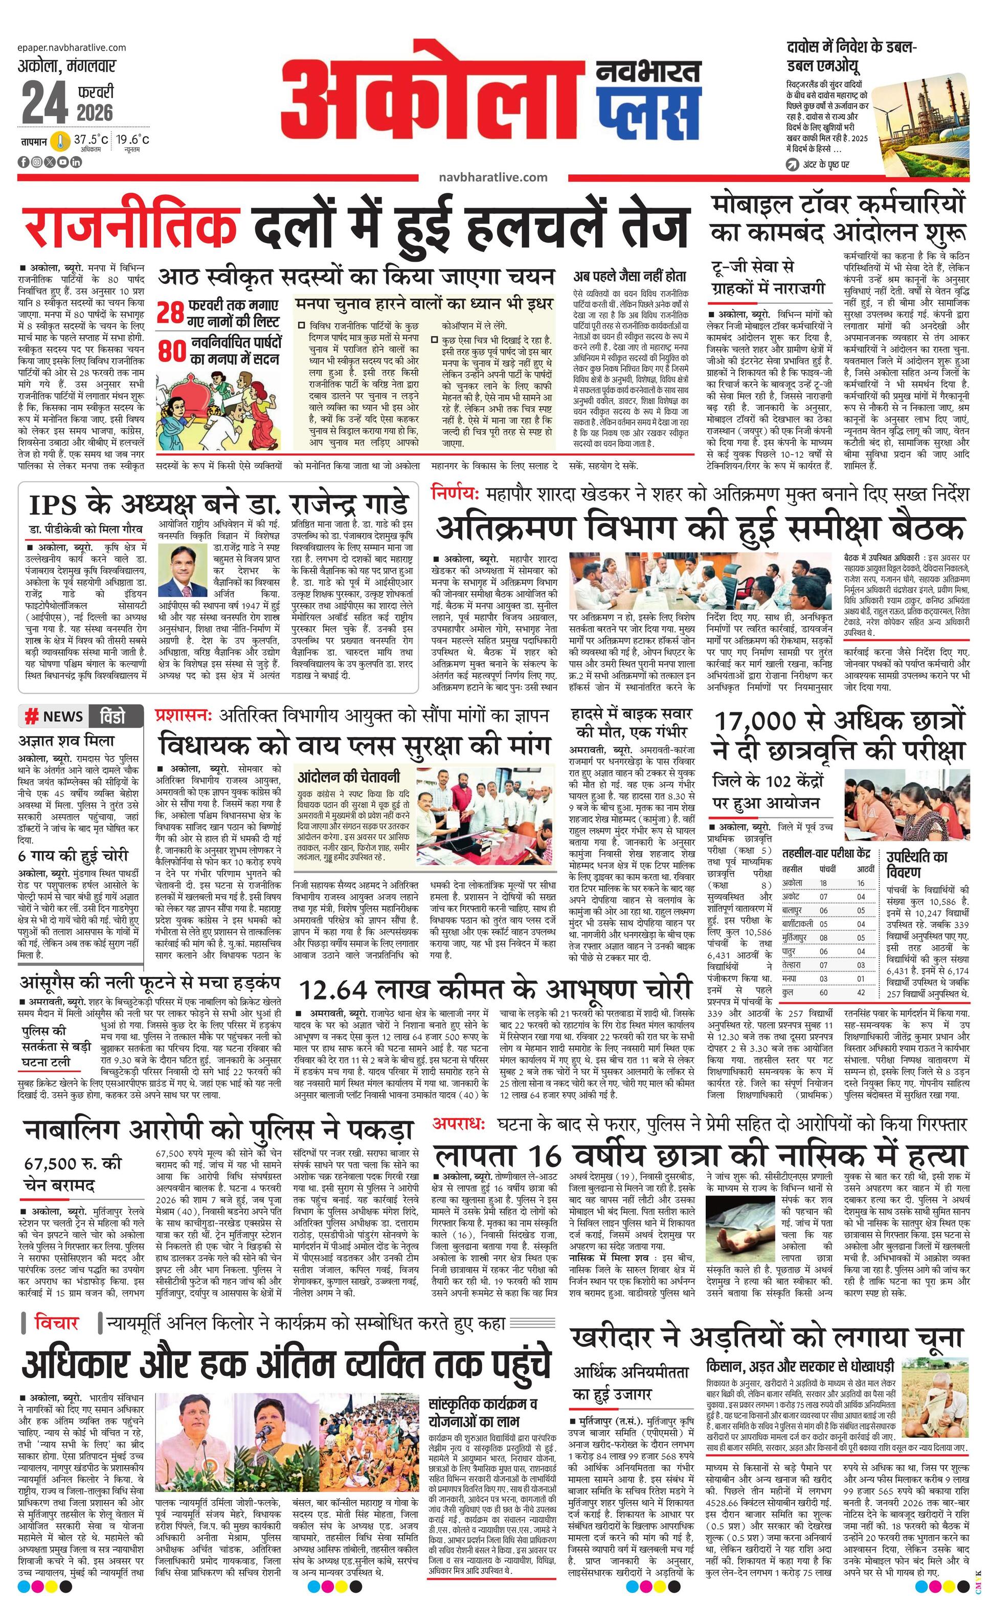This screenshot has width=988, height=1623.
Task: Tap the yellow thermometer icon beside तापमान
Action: [x=60, y=141]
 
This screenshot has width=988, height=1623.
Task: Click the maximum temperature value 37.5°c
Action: [x=91, y=140]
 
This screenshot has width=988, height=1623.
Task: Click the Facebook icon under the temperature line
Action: [x=24, y=162]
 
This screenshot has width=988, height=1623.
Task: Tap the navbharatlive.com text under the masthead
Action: [x=492, y=176]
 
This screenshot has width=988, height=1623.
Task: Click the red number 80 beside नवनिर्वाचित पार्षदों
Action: [x=171, y=351]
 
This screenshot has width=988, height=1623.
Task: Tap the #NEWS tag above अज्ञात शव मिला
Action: [x=54, y=717]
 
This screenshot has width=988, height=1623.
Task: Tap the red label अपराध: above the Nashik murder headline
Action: [x=458, y=1124]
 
